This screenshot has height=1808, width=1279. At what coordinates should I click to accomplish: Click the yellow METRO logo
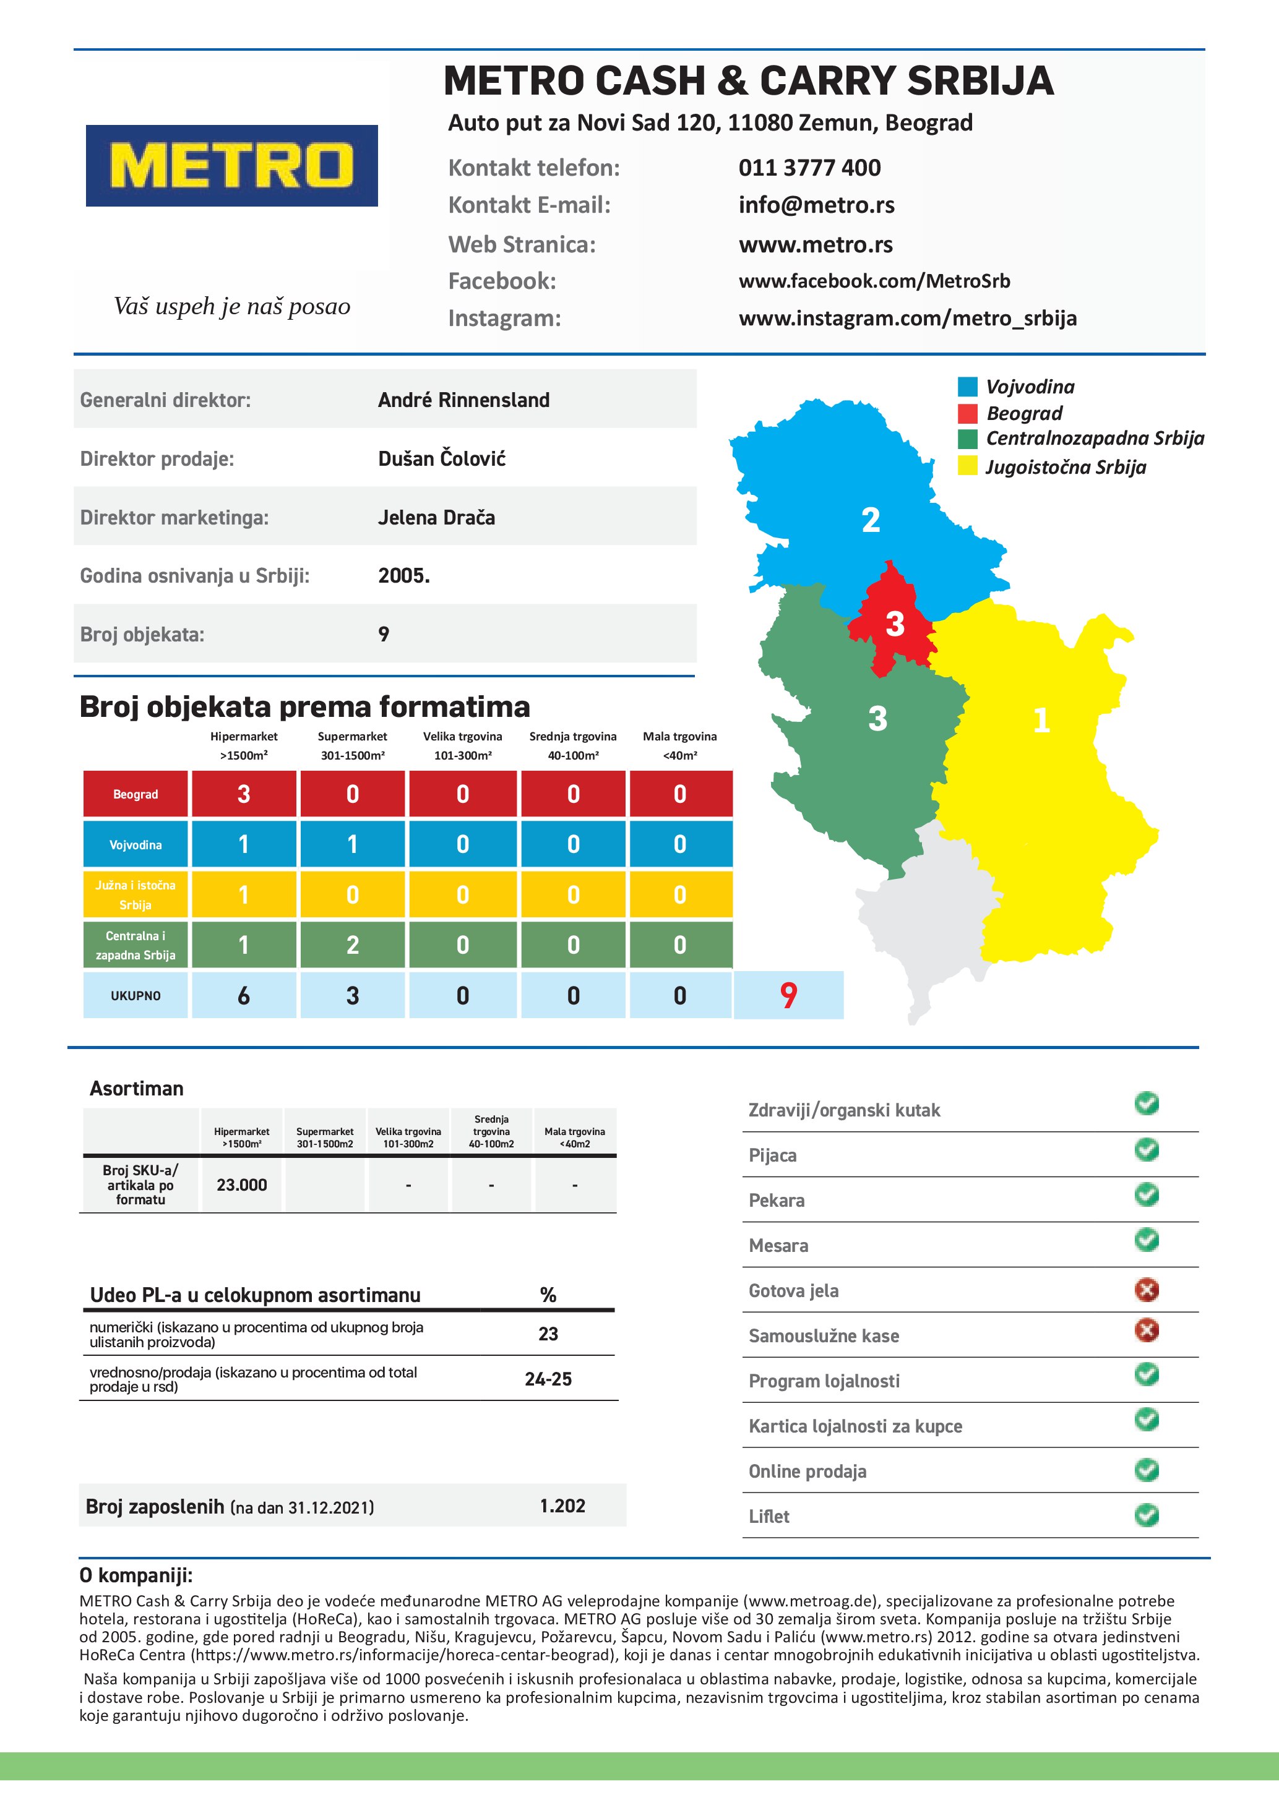(231, 165)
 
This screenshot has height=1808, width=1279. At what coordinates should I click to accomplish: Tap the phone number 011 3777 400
(809, 168)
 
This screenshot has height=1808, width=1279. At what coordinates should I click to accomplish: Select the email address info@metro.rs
(816, 205)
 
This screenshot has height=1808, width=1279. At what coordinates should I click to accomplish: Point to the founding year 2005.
(403, 576)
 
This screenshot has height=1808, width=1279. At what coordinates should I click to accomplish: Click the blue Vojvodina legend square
(967, 387)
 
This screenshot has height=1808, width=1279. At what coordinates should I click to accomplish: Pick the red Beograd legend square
(967, 413)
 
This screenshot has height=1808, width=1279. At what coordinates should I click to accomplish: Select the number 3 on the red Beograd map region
(895, 623)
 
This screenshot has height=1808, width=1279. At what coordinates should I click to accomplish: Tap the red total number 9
(788, 995)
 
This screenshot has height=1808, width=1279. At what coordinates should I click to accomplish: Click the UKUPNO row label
(136, 995)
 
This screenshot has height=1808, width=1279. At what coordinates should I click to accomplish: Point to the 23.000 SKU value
(242, 1185)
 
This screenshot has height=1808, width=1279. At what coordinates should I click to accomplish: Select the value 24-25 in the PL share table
(548, 1379)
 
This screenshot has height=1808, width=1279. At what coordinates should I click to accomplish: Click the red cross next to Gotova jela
(1147, 1290)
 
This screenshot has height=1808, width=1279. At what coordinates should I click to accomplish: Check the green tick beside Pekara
(1147, 1194)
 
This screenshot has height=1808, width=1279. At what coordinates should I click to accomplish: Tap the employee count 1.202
(562, 1506)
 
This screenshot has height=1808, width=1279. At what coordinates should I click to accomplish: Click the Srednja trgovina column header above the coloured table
(572, 745)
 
